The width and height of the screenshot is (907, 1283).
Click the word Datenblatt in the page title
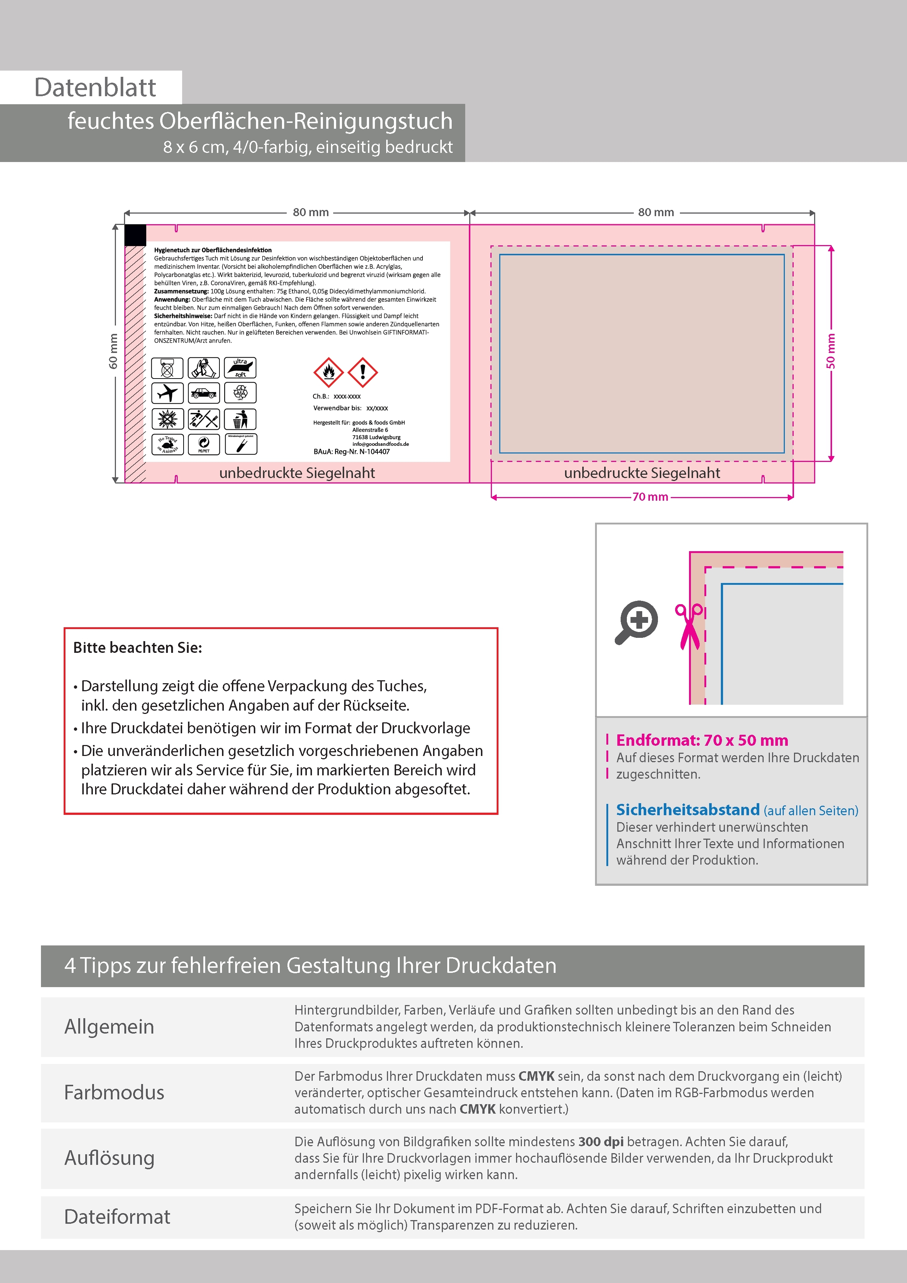95,88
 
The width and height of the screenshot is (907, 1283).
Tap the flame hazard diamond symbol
328,372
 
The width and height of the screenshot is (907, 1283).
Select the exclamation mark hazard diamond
363,372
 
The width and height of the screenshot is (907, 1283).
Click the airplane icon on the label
167,393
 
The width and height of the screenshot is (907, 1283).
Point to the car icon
203,393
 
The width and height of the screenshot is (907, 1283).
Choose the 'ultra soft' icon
240,368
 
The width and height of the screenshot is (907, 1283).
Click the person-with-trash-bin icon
240,418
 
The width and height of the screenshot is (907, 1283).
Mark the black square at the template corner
135,235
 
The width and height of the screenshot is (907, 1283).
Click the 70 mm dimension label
650,497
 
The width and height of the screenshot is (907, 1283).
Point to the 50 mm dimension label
831,351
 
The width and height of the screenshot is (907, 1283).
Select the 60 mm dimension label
113,351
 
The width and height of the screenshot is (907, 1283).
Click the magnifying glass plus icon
637,621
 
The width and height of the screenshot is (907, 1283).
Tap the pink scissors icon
689,626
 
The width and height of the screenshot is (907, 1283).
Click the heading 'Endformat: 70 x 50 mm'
702,740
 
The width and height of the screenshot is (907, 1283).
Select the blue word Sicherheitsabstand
687,810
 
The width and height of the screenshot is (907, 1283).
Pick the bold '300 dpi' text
601,1141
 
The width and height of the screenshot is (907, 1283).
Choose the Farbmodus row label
114,1092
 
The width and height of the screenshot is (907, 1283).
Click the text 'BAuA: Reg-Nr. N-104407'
351,452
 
